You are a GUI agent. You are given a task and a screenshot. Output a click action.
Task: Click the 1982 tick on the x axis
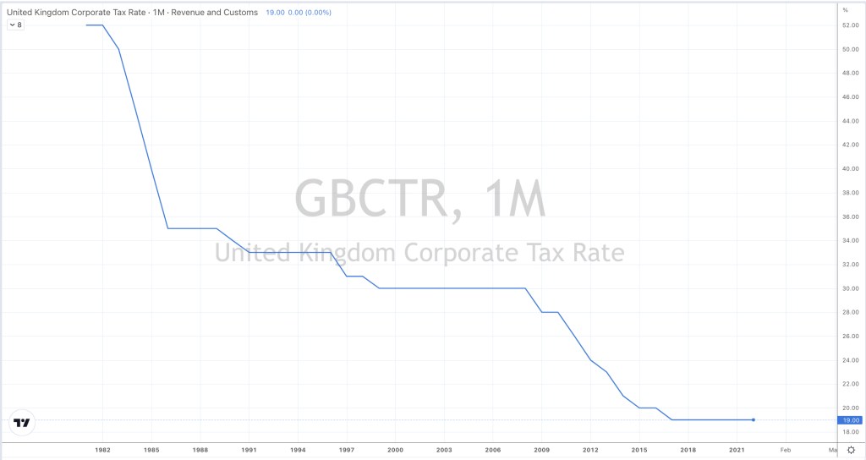coord(103,449)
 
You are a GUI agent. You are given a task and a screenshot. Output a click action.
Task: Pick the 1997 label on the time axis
coord(347,449)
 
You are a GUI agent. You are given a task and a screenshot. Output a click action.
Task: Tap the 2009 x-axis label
coord(542,449)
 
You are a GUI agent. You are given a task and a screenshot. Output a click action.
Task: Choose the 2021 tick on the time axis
coord(737,449)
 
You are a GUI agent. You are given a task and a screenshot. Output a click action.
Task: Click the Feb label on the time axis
coord(786,449)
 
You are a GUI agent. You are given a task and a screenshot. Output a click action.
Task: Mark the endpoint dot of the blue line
coord(753,419)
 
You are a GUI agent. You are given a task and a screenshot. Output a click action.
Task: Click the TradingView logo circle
coord(23,423)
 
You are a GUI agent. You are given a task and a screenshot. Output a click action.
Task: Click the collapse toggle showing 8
coord(15,25)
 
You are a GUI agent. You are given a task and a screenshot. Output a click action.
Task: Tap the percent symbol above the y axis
coord(844,9)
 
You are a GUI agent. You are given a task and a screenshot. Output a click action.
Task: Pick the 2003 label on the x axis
coord(444,449)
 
